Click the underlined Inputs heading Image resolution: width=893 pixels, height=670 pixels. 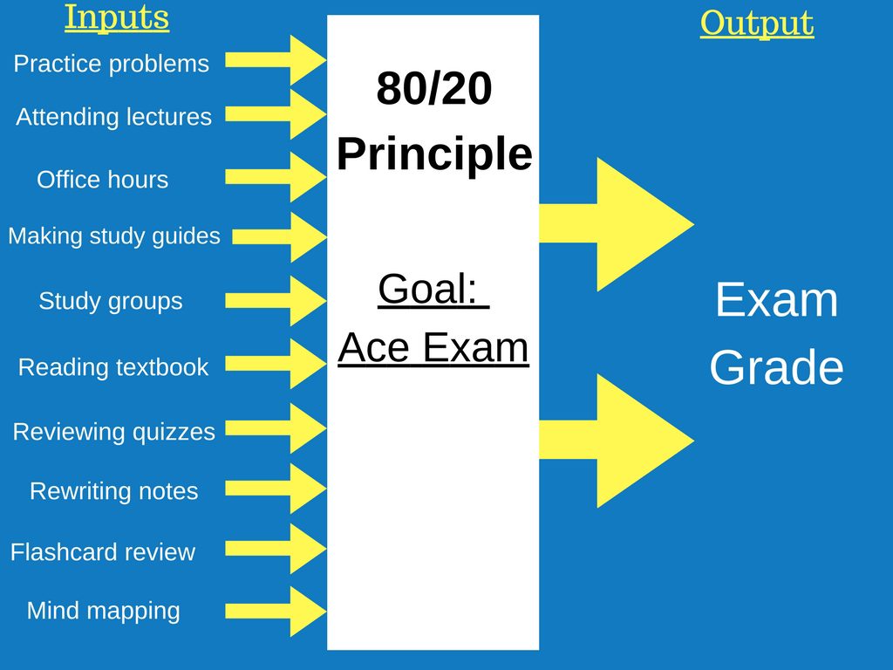coord(117,17)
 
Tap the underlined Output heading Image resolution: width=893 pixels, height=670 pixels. coord(757,24)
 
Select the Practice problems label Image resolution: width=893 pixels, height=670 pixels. coord(112,64)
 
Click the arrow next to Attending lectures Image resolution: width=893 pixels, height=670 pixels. coord(276,114)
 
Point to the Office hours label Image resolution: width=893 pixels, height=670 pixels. coord(103,180)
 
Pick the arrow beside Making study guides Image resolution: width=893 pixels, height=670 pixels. coord(280,236)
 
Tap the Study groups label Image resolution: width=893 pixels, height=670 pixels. coord(111,301)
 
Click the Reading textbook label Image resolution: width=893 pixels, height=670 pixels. coord(113,367)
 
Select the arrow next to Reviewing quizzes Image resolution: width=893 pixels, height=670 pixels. coord(276,428)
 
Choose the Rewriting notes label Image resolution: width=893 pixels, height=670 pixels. coord(114,491)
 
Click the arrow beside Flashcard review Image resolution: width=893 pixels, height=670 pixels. coord(276,549)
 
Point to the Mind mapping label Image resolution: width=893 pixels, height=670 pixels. coord(104,611)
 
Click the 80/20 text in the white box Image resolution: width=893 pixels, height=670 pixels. coord(434,88)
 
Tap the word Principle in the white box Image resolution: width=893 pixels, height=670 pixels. coord(434,154)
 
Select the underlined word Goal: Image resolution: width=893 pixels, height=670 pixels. coord(433,290)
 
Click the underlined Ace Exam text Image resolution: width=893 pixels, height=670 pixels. coord(433,347)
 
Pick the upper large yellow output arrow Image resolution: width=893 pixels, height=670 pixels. coord(617,224)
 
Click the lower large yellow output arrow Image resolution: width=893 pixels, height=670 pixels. coord(617,441)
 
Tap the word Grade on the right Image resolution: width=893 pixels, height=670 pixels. coord(776,367)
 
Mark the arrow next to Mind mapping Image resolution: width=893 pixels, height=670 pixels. coord(276,612)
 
